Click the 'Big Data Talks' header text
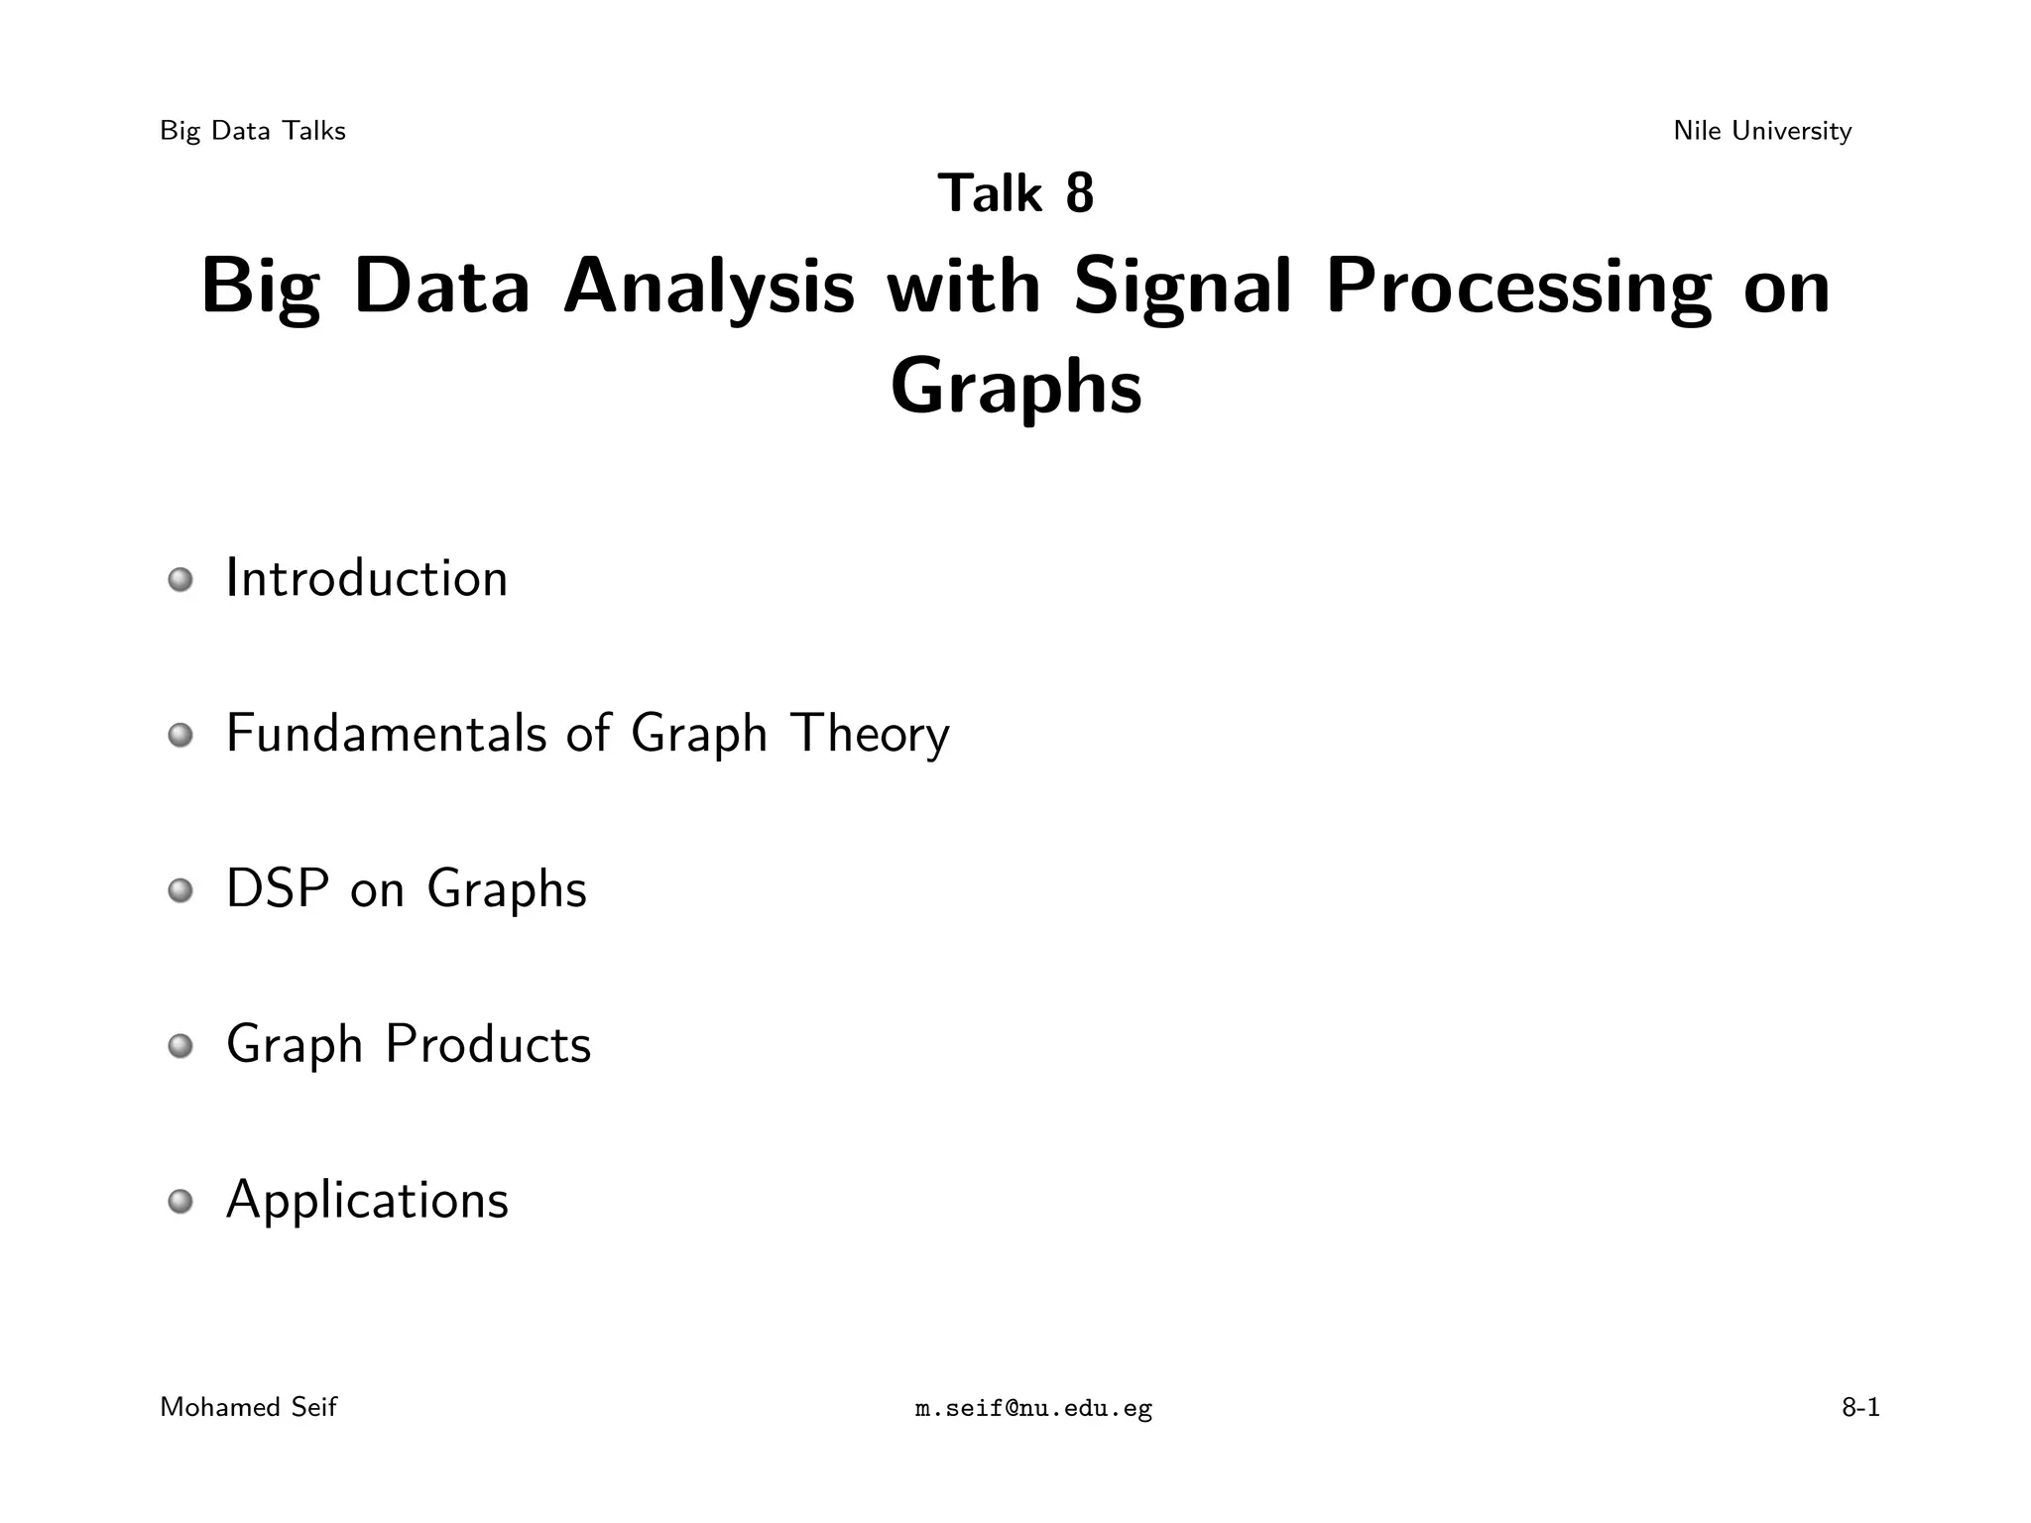(252, 131)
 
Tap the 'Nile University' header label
(1762, 131)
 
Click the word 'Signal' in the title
(1182, 289)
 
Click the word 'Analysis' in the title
(708, 289)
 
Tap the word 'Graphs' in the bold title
(1015, 388)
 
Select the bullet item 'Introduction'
(367, 578)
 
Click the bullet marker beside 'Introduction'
(179, 580)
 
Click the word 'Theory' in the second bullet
(870, 736)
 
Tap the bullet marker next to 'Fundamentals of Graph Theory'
(179, 736)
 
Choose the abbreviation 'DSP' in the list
(278, 888)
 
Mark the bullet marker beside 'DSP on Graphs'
(179, 891)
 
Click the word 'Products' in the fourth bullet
(488, 1044)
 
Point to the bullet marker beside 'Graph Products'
(179, 1046)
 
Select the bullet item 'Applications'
(367, 1201)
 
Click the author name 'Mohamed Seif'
(248, 1407)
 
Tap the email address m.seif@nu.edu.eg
(1033, 1408)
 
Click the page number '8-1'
(1860, 1407)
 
